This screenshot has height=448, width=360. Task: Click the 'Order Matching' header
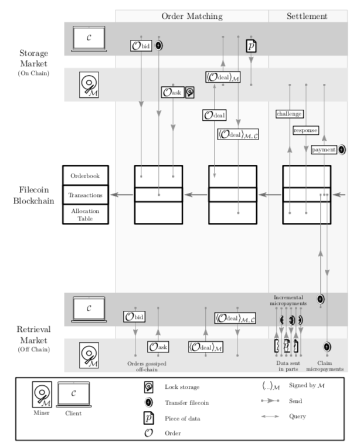192,16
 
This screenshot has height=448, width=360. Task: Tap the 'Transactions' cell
86,195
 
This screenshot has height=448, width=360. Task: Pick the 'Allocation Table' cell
86,214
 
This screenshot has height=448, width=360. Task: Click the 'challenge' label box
289,113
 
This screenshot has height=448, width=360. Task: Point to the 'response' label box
305,130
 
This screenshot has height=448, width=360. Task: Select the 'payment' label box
324,150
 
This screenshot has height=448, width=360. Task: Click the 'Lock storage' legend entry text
182,388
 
